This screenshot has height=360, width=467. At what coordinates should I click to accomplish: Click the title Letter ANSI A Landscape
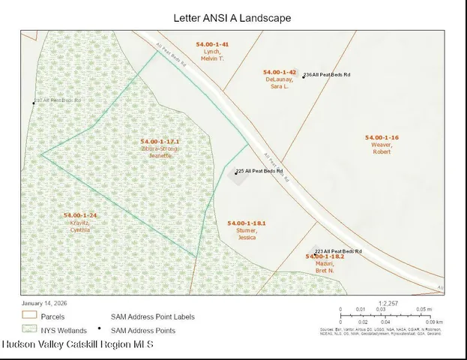pyautogui.click(x=232, y=16)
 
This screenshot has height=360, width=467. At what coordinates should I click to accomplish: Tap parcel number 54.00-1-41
pyautogui.click(x=212, y=45)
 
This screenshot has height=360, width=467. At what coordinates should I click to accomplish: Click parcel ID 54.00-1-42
pyautogui.click(x=282, y=72)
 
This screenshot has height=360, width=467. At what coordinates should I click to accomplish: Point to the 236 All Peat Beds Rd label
pyautogui.click(x=328, y=75)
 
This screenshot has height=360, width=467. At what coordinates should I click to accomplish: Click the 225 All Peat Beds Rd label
pyautogui.click(x=260, y=171)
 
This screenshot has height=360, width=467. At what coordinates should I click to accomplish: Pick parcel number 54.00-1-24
pyautogui.click(x=80, y=215)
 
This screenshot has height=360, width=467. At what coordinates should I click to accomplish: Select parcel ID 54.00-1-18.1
pyautogui.click(x=247, y=223)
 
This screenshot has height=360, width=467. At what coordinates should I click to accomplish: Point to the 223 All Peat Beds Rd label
pyautogui.click(x=339, y=251)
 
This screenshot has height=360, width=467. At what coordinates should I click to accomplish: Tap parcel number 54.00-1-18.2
pyautogui.click(x=325, y=256)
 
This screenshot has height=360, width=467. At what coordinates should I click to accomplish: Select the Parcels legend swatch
pyautogui.click(x=29, y=316)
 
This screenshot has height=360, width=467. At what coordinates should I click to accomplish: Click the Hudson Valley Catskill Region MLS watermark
pyautogui.click(x=78, y=344)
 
